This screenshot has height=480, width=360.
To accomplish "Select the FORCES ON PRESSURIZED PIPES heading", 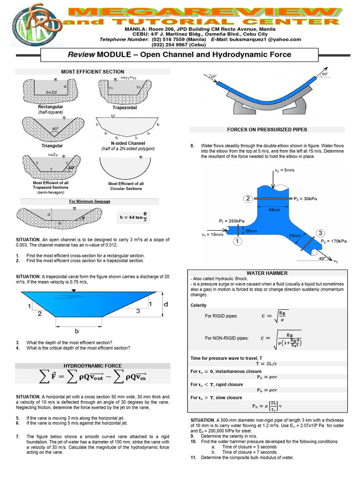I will (x=267, y=129).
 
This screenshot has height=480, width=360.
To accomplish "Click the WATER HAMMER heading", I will (x=267, y=273).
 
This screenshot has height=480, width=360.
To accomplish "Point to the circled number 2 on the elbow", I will (x=248, y=199).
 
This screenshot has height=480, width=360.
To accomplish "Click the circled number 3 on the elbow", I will (x=320, y=233).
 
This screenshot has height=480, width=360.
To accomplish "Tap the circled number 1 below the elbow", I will (x=238, y=241).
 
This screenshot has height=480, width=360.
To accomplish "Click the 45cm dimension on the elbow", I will (x=274, y=210).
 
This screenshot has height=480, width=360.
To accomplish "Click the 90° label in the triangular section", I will (x=56, y=128).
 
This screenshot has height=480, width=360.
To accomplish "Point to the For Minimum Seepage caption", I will (x=90, y=201).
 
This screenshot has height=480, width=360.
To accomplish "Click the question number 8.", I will (x=192, y=146).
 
